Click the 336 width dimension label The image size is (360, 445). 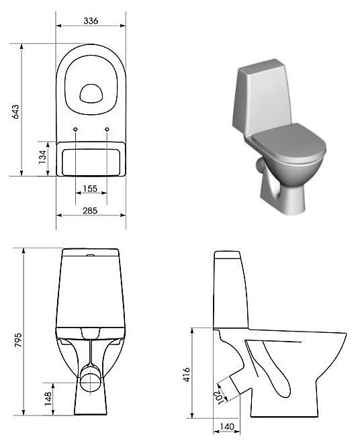[91, 21]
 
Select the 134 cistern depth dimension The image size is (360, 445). [42, 156]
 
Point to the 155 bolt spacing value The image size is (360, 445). [90, 189]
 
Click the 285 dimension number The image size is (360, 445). [90, 211]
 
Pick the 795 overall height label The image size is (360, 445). [18, 340]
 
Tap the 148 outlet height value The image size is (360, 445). [48, 399]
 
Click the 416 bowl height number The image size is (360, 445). [186, 375]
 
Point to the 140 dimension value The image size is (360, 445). [227, 427]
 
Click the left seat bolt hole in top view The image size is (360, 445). [75, 130]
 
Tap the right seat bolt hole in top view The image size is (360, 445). [107, 130]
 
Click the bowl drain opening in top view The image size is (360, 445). [91, 93]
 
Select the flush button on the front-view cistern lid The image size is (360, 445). [91, 255]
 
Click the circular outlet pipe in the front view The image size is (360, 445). [90, 381]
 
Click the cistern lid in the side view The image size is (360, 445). [228, 255]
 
